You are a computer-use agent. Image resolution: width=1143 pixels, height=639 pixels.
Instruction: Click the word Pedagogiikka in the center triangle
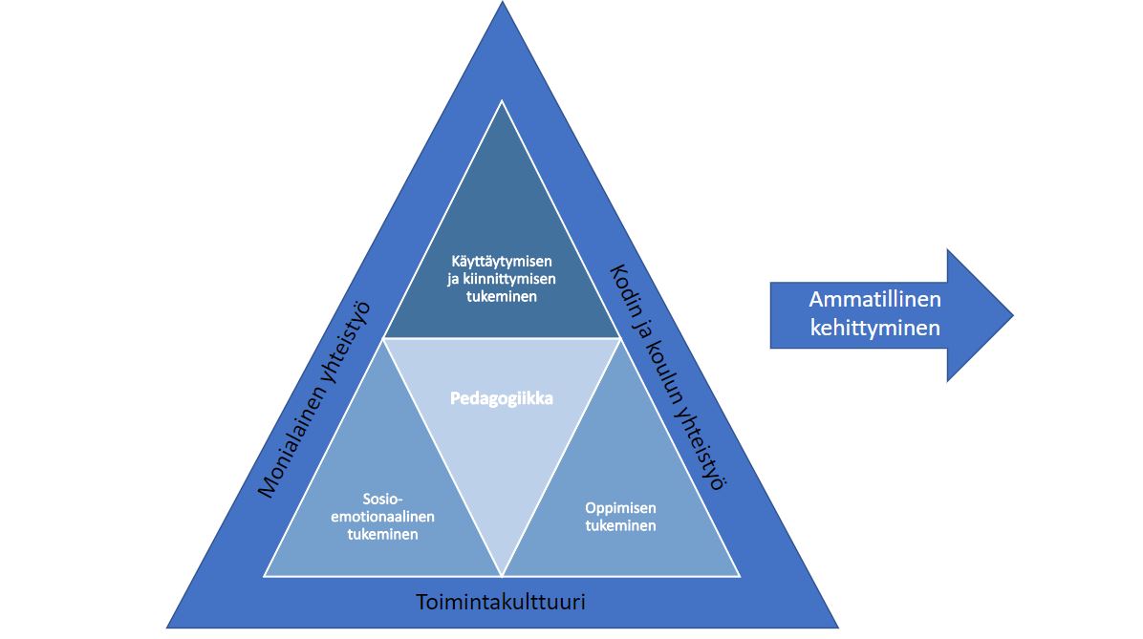pyautogui.click(x=502, y=398)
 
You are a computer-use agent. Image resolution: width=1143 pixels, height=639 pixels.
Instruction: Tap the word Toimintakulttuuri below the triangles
pyautogui.click(x=501, y=603)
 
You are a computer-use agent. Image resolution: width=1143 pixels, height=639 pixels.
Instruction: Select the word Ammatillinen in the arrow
pyautogui.click(x=874, y=299)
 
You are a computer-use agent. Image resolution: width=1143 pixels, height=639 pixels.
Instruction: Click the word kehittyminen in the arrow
pyautogui.click(x=874, y=328)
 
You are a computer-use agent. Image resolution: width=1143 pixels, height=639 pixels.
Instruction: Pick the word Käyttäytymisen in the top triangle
pyautogui.click(x=502, y=260)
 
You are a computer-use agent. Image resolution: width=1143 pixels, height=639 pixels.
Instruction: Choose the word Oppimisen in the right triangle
pyautogui.click(x=620, y=507)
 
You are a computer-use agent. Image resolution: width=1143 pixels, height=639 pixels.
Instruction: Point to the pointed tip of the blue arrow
pyautogui.click(x=1011, y=315)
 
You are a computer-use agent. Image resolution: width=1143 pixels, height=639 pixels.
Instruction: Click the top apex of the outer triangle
pyautogui.click(x=503, y=4)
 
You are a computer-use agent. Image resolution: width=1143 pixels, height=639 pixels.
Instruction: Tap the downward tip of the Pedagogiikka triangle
pyautogui.click(x=503, y=575)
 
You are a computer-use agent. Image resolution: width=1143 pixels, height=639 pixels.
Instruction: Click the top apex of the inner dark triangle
pyautogui.click(x=503, y=100)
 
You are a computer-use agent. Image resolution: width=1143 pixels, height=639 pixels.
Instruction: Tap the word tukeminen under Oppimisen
pyautogui.click(x=620, y=525)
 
